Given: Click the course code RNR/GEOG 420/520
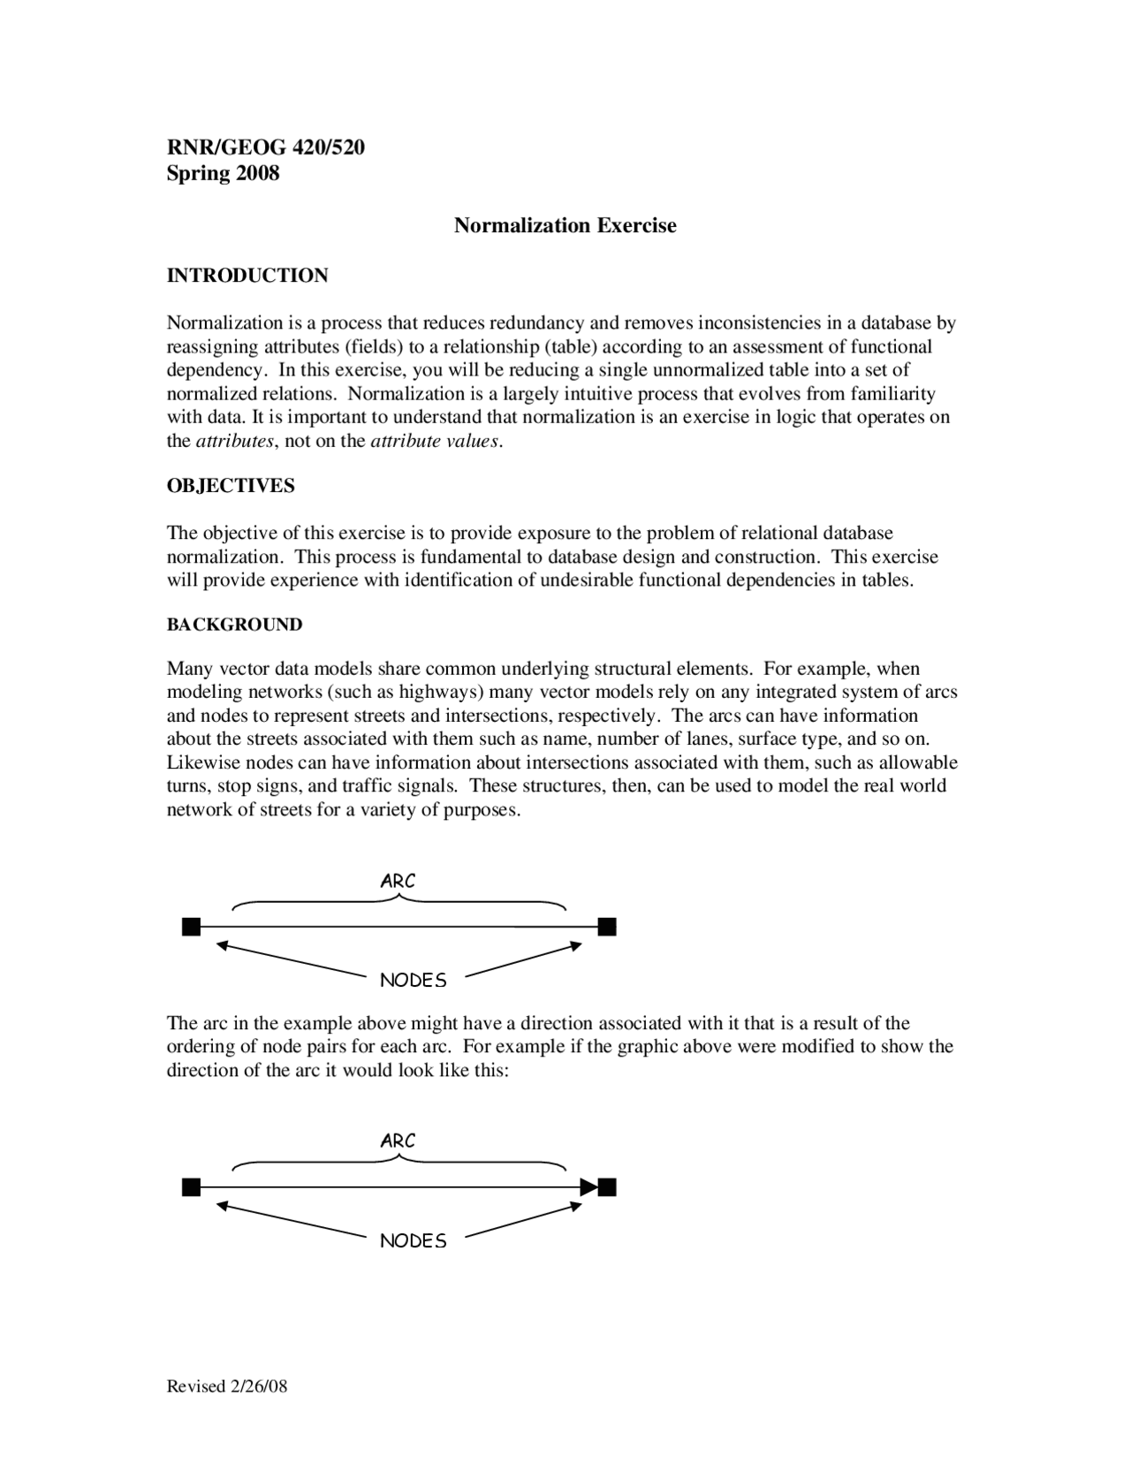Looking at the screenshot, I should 266,147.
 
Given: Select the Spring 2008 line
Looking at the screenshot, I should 223,173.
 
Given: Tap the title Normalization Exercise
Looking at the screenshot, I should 565,225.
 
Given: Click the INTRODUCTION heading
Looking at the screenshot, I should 247,276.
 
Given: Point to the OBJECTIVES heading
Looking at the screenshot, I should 231,486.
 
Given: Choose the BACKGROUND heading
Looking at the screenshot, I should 234,625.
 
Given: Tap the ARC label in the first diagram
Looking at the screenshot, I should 398,881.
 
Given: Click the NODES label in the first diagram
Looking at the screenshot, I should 413,980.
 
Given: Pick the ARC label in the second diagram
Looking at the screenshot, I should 398,1141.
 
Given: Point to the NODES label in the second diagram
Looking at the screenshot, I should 413,1240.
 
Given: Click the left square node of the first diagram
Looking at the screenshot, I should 191,927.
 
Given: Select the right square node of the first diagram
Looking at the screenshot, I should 606,927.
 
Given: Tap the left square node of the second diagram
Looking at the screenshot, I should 191,1186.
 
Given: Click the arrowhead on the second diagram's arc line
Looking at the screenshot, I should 588,1186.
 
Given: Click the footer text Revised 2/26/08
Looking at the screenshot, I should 227,1386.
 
